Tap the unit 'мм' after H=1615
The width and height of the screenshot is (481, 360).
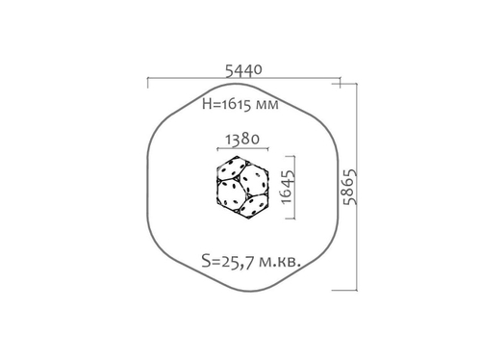click(266, 104)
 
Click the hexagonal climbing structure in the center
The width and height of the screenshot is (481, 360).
click(241, 187)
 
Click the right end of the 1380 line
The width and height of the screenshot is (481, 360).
click(272, 151)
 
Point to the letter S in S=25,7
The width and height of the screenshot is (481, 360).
click(206, 259)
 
